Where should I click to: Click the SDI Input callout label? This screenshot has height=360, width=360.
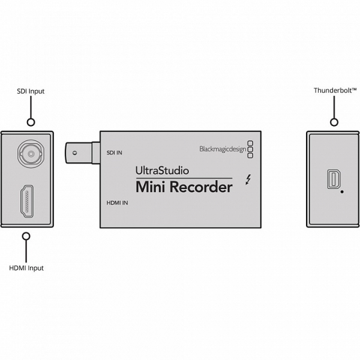click(31, 91)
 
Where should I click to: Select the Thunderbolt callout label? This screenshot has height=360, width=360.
click(335, 91)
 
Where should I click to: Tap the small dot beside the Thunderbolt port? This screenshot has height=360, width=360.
click(342, 193)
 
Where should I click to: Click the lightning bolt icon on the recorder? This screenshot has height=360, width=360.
click(249, 178)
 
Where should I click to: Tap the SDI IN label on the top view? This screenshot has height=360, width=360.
click(114, 154)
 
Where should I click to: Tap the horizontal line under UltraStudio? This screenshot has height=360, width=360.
click(184, 178)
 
